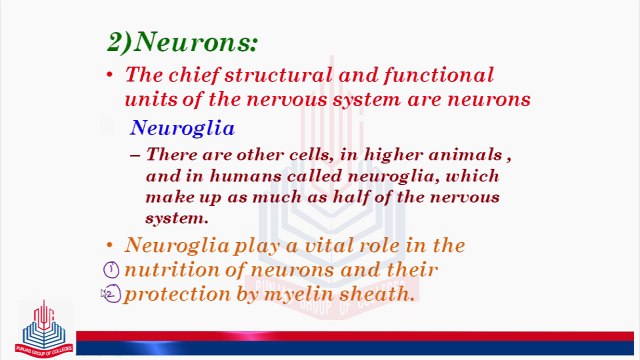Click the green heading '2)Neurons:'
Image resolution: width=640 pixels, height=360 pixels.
(x=182, y=41)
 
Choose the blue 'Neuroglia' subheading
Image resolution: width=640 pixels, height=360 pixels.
(x=182, y=128)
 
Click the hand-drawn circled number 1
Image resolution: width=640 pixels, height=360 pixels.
(x=112, y=270)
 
